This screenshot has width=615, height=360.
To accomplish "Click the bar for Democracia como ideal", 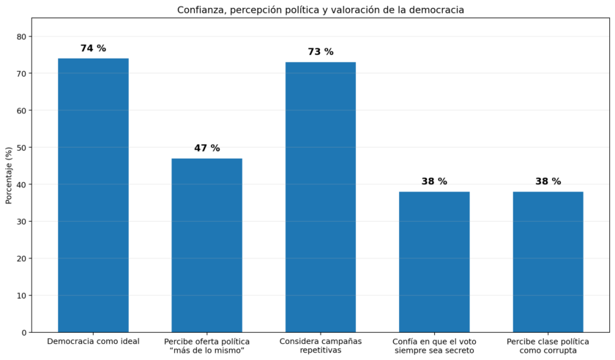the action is [x=94, y=195].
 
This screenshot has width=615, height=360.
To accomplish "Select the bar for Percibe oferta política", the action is [x=206, y=246].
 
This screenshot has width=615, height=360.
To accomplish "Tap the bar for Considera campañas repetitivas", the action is [x=321, y=198].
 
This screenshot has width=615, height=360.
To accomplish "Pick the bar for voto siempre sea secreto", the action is [x=434, y=262].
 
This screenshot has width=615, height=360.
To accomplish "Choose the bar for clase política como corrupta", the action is [x=548, y=262].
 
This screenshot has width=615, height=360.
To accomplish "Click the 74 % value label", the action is [x=94, y=48].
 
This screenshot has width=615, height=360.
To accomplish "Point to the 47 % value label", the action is [x=207, y=148].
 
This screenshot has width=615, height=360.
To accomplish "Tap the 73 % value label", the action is [x=321, y=52].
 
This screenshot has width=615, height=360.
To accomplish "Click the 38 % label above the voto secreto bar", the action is [x=434, y=181].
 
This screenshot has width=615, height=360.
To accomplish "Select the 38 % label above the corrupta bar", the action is [x=548, y=181].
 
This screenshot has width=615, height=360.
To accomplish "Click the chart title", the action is [x=321, y=10].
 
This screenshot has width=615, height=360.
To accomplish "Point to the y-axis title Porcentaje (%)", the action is [x=9, y=176].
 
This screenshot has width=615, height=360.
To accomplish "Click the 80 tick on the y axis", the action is [x=22, y=37].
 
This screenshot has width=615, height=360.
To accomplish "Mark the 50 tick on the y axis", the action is [x=22, y=148].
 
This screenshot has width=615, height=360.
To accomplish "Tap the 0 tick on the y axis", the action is [x=24, y=332].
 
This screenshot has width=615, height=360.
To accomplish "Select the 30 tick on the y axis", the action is [x=22, y=222].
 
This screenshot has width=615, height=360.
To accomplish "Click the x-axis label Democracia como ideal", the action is [x=94, y=341].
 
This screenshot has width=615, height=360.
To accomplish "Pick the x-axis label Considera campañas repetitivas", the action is [x=321, y=345].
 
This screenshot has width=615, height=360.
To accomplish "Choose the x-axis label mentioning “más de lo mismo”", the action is [x=206, y=346].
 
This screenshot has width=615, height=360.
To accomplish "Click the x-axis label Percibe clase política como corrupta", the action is [x=548, y=346].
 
